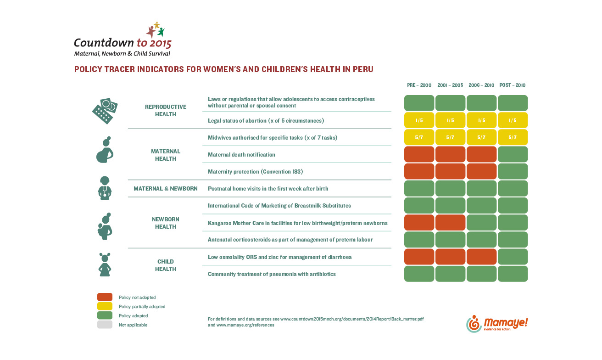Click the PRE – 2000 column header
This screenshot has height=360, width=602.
(x=419, y=85)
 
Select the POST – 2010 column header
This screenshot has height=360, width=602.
(x=512, y=85)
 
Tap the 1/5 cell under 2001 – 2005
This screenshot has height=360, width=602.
(x=450, y=120)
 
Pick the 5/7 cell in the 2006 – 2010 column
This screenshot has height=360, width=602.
(x=481, y=137)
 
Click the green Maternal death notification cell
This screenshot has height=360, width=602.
(x=513, y=154)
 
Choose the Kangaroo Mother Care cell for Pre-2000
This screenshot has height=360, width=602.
(x=419, y=222)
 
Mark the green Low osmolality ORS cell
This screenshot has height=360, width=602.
(x=513, y=257)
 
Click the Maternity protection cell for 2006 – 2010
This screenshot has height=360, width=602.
(x=481, y=171)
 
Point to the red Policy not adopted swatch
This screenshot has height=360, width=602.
(x=105, y=297)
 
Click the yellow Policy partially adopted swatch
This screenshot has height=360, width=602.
(x=105, y=306)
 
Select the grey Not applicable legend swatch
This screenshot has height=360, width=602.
(x=105, y=325)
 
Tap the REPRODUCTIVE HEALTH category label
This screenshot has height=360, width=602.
(x=166, y=111)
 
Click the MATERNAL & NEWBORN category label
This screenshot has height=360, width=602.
(x=166, y=188)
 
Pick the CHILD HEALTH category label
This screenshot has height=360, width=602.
(x=166, y=265)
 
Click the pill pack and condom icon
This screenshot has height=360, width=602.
(x=105, y=111)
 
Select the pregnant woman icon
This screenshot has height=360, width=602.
(x=105, y=150)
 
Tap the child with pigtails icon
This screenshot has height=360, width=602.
(x=105, y=264)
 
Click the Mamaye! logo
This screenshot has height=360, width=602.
(x=497, y=324)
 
